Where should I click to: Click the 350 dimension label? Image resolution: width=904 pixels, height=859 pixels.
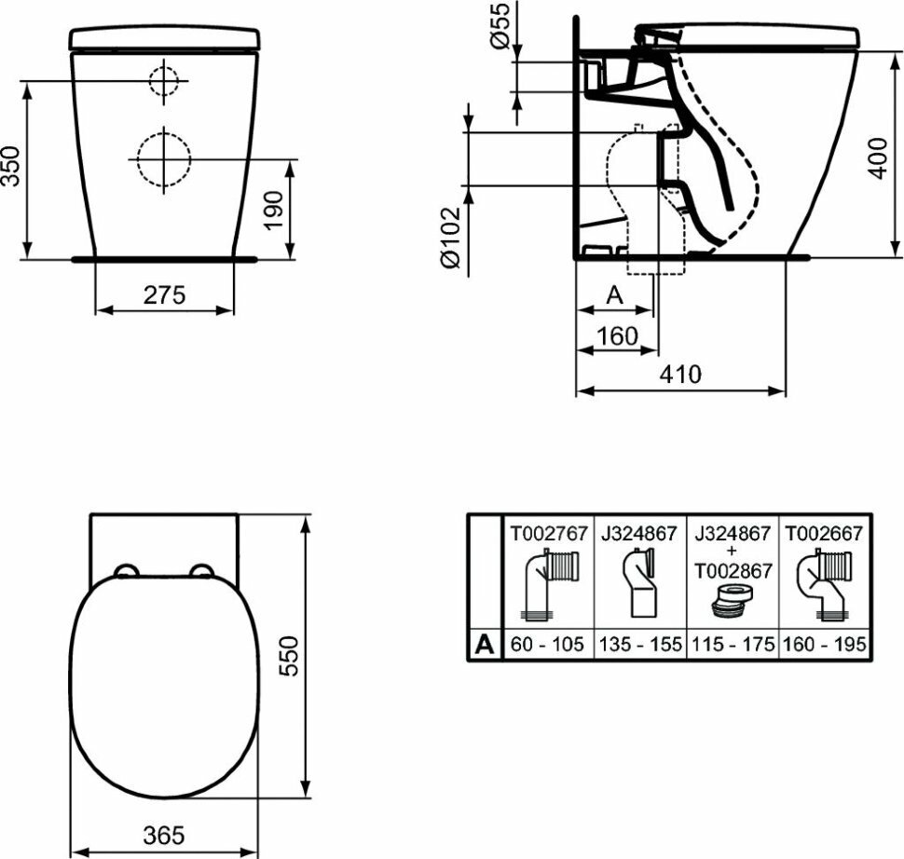pyautogui.click(x=12, y=167)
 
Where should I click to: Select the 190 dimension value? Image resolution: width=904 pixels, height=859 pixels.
pyautogui.click(x=274, y=210)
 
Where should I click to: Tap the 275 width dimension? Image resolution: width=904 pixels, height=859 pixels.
pyautogui.click(x=164, y=294)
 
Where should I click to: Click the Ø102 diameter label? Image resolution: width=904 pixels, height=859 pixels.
pyautogui.click(x=451, y=238)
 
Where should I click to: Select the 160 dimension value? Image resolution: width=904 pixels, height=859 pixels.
pyautogui.click(x=618, y=336)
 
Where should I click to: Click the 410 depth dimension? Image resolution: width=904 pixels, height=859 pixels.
pyautogui.click(x=680, y=375)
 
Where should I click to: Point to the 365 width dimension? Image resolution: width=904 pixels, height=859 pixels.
pyautogui.click(x=164, y=835)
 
